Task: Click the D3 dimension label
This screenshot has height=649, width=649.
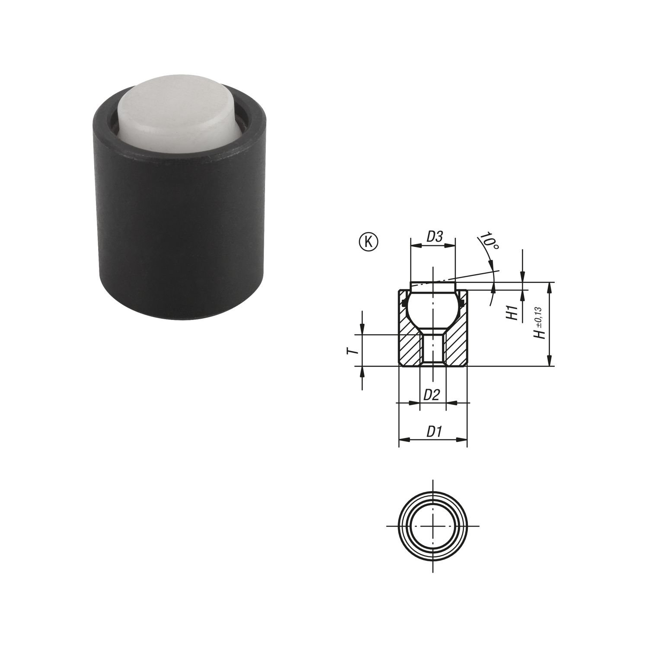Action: pos(434,237)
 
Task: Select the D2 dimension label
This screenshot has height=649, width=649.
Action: pos(432,394)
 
